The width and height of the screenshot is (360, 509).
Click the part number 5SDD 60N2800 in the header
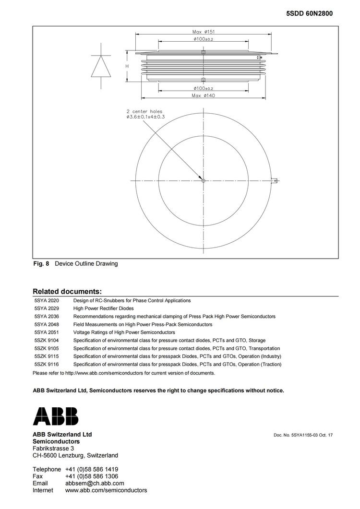point(309,14)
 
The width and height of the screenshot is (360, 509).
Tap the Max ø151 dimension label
point(203,32)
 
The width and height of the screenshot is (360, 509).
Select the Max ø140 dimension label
point(203,95)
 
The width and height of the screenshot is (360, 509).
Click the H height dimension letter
point(127,66)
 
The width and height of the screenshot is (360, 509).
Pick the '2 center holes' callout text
point(144,111)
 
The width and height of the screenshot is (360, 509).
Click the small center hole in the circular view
point(204,180)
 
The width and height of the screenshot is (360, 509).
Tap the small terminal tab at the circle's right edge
point(275,180)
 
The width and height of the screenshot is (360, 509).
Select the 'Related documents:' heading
point(67,291)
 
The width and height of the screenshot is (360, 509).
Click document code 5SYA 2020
point(47,300)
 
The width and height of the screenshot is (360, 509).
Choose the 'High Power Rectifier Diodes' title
point(103,308)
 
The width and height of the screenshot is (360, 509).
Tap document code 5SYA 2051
point(47,332)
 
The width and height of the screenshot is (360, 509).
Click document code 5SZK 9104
point(47,340)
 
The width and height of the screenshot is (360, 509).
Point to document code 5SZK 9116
point(47,364)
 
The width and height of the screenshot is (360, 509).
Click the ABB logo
point(55,416)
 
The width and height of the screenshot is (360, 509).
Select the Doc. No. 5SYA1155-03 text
point(303,435)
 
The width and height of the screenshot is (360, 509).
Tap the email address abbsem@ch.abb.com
point(95,483)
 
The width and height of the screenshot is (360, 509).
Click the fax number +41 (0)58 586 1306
point(92,476)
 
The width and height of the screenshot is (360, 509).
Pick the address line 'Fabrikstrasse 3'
point(53,448)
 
